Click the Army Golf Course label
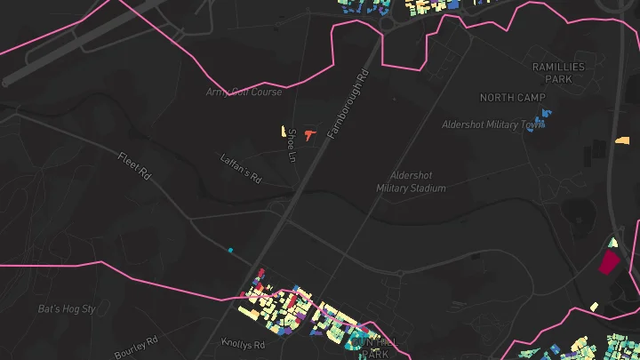(244, 92)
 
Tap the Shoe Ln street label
(291, 145)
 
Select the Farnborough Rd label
(347, 105)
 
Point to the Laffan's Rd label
(241, 169)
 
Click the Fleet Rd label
(134, 166)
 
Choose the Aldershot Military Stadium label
(411, 181)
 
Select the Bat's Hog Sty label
(67, 309)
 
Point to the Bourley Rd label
(136, 348)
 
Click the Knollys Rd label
(243, 344)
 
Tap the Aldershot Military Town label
(492, 124)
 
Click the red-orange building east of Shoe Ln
(308, 134)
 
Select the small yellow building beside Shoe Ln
(284, 130)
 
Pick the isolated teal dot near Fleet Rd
(230, 251)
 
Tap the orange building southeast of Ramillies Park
(623, 140)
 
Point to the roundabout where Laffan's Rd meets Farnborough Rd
(278, 207)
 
